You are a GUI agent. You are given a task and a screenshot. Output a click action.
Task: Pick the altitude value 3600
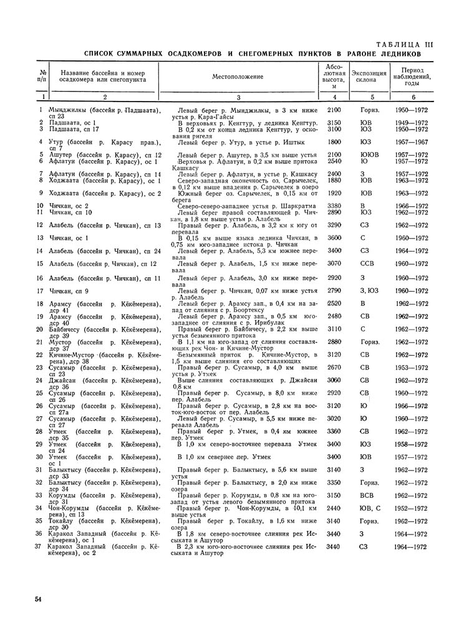click(x=334, y=237)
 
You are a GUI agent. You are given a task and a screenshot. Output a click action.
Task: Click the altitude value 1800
click(x=334, y=142)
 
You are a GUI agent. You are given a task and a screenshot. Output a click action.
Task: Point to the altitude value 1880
click(x=334, y=181)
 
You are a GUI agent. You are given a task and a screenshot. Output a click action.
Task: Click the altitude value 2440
click(x=334, y=508)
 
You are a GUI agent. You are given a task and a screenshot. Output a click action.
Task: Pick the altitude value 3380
click(x=334, y=205)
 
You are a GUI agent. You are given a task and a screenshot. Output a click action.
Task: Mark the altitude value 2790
click(x=334, y=290)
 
